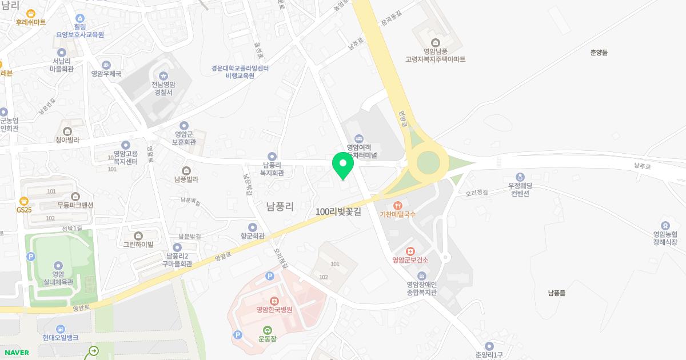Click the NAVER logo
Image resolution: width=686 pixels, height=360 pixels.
(15, 353)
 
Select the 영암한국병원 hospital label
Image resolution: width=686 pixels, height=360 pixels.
(274, 310)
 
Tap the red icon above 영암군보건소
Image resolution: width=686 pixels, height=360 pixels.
(410, 251)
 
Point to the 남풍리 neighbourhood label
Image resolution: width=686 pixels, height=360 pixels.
(280, 206)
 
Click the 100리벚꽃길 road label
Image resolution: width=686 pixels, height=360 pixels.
(338, 211)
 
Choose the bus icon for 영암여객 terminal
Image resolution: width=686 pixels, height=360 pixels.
(358, 138)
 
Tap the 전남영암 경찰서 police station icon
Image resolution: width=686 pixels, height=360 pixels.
(163, 75)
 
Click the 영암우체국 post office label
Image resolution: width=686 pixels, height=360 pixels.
(106, 74)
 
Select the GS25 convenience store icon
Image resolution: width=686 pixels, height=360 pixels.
(23, 201)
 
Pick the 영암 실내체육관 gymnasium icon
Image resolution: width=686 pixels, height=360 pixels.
(58, 265)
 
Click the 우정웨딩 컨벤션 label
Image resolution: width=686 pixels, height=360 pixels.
(520, 189)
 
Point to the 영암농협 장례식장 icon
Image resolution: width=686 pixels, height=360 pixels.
(665, 225)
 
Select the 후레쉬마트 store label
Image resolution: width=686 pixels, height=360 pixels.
(31, 22)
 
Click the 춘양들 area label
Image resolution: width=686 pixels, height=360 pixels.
(599, 53)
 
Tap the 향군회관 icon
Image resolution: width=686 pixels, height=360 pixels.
(252, 227)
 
